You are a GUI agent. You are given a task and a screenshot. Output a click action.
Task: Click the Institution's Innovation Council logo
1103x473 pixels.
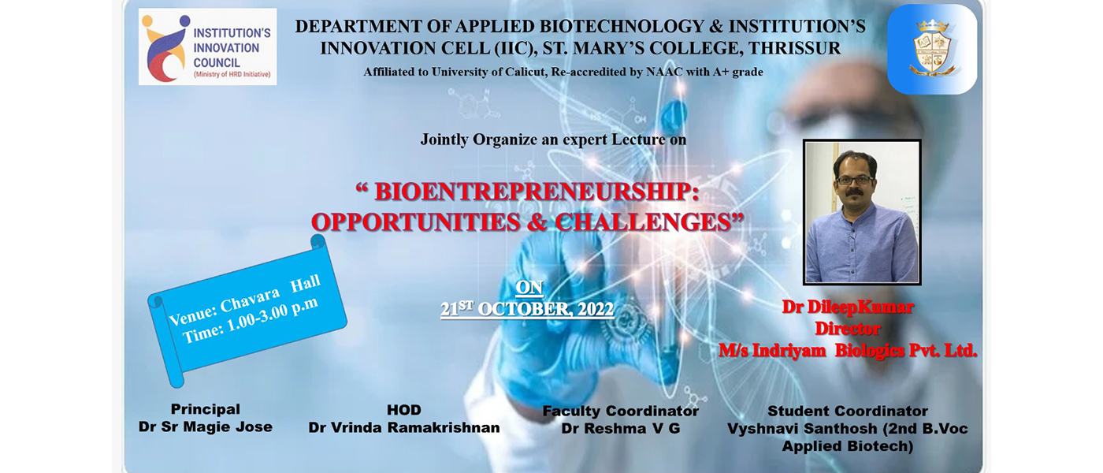pos(207,47)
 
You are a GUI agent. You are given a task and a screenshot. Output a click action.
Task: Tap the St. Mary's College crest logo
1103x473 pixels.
pos(931,49)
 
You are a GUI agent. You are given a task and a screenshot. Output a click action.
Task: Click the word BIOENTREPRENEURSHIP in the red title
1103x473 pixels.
pos(537,192)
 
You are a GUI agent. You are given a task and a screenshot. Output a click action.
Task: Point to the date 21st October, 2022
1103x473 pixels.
pos(527,309)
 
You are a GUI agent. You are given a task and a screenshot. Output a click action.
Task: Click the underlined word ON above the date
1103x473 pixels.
pos(529,288)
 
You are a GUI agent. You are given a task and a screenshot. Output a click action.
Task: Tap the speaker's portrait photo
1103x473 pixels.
pos(862,212)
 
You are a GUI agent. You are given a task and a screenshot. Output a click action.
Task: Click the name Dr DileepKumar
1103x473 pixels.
pos(848,307)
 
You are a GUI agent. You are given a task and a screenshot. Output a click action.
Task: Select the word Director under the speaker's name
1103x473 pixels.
pos(848,329)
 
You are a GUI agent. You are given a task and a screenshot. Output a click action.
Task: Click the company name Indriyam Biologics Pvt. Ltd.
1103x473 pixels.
pos(865,350)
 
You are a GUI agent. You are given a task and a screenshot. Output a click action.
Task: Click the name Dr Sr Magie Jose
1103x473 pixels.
pos(206,426)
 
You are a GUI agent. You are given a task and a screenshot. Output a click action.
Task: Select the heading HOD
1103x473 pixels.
pos(403,410)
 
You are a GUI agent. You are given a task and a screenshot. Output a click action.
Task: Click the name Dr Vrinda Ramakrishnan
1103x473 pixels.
pos(403,427)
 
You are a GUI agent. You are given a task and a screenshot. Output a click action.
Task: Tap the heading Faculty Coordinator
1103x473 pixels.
pos(621,411)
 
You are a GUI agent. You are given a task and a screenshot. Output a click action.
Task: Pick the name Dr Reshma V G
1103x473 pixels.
pos(621,429)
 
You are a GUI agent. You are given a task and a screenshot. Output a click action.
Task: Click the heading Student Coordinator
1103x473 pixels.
pos(848,411)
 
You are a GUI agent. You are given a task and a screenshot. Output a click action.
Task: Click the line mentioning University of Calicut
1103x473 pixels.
pos(563,72)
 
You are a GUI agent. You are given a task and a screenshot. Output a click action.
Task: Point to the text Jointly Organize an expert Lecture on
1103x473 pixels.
pos(553,140)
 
